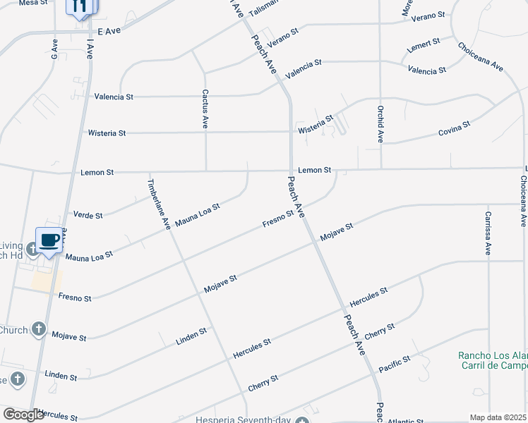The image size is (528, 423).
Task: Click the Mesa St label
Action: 32,4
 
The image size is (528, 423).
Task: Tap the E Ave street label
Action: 110,32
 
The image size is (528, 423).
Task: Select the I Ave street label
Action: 90,51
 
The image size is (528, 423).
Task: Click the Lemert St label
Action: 424,46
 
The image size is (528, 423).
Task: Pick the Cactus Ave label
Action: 205,108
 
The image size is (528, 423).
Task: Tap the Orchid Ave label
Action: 380,124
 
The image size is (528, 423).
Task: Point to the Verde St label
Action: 88,215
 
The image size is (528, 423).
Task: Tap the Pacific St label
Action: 395,364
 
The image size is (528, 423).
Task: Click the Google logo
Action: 23,415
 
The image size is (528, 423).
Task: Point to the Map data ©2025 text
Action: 498,417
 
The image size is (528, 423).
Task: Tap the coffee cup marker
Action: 49,240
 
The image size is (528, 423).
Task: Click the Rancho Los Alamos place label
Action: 493,356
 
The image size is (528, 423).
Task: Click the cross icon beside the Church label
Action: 39,329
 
